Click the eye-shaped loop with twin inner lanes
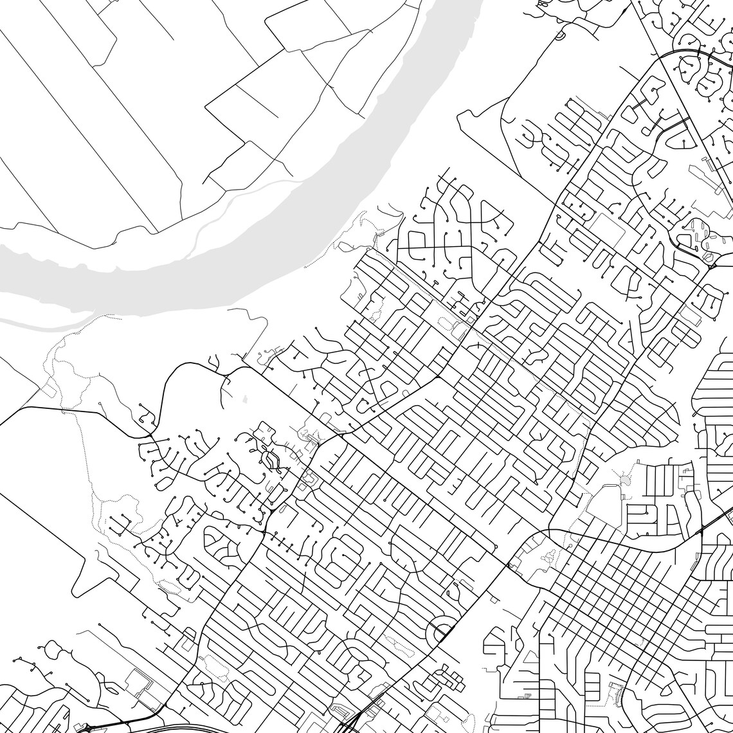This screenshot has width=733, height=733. click(x=269, y=460)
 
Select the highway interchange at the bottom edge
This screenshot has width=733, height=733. click(x=347, y=723)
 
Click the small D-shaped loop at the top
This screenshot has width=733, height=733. click(x=558, y=37)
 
